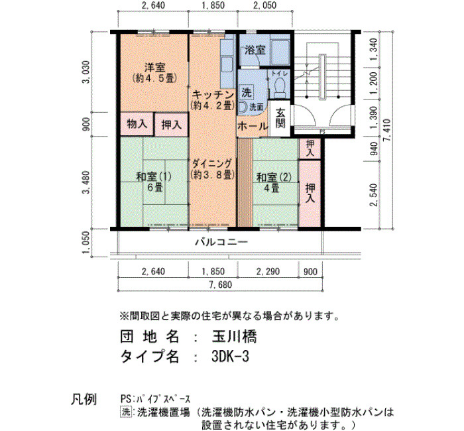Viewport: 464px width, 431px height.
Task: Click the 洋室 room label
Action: [154, 68]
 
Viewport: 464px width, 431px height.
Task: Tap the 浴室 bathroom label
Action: [255, 50]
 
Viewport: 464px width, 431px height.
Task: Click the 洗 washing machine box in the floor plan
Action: [247, 93]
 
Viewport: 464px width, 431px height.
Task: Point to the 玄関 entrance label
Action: [280, 118]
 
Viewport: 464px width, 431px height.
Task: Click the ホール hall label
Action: [253, 127]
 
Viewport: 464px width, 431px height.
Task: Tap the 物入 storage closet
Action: [137, 124]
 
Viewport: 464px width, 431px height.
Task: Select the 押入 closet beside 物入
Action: [171, 125]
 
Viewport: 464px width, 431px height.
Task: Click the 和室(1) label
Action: [154, 177]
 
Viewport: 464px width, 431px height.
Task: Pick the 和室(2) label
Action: [274, 177]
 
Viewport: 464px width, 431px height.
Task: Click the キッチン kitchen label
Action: [213, 95]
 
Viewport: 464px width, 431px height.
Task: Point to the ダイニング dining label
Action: [212, 163]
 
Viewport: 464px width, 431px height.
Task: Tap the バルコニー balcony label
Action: [221, 243]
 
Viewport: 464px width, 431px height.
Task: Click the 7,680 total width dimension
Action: [221, 284]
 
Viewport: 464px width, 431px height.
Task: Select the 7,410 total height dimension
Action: [387, 130]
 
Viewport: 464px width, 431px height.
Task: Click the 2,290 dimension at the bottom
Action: [268, 271]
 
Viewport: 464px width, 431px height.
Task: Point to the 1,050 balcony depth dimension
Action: [86, 243]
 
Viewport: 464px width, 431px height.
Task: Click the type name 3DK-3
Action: [230, 357]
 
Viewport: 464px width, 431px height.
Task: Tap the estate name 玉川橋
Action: [235, 337]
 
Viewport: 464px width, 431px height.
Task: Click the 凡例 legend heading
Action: [84, 399]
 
